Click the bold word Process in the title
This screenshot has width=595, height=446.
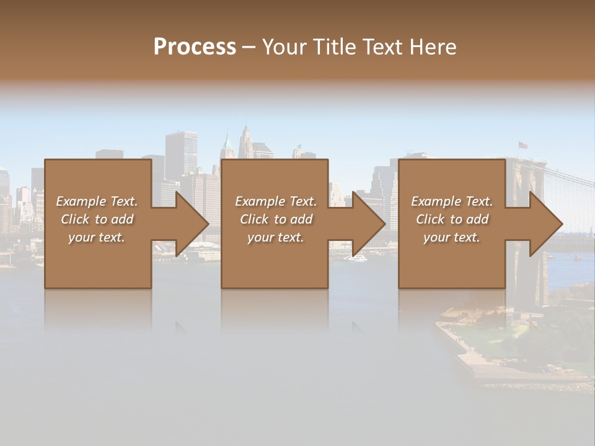pos(195,47)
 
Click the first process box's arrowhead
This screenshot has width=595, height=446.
pos(192,224)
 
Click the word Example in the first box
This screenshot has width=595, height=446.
pos(80,201)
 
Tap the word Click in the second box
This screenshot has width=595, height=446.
pos(253,219)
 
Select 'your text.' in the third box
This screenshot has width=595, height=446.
pos(451,237)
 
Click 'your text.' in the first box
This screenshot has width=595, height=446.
pos(96,237)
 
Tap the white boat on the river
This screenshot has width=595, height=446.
pos(358,257)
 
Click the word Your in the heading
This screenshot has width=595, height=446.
pos(283,47)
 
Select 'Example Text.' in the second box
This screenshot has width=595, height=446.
pos(275,201)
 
